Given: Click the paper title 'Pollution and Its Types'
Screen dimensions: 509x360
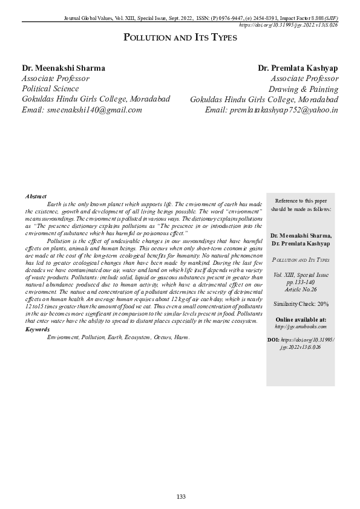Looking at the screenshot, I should pos(180,37).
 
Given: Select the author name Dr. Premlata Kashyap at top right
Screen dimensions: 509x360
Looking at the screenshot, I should pos(298,68).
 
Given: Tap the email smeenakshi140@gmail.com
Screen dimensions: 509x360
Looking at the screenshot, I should pos(82,109).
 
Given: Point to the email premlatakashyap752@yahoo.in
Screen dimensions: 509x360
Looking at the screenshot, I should pos(272,109).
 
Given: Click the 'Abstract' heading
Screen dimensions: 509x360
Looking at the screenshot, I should pos(36,197).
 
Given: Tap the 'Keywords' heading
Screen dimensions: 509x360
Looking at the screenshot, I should pos(38,329).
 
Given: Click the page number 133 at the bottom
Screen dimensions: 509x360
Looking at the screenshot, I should pos(180,496).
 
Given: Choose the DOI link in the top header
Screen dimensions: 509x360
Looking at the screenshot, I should pos(289,25).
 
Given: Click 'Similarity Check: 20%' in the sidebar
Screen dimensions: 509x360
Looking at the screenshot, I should pos(300,303).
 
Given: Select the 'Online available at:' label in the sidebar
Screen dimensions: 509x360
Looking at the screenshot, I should pos(300,319).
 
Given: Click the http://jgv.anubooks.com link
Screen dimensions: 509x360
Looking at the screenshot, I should pos(300,326).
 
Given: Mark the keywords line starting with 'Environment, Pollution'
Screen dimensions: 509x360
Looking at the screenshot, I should pos(118,337).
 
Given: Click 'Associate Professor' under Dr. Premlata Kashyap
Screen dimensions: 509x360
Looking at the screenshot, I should pos(304,79).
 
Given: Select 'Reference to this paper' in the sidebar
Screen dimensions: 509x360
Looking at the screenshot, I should pos(301,200).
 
